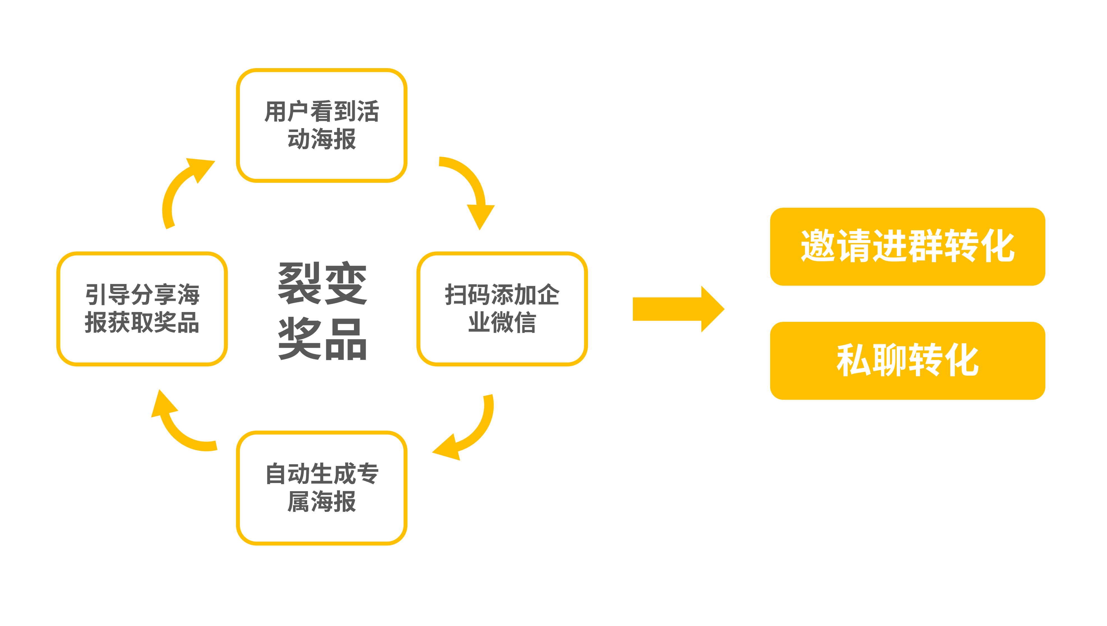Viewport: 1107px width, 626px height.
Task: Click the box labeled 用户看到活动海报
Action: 321,125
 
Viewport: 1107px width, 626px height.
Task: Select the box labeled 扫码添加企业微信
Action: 502,308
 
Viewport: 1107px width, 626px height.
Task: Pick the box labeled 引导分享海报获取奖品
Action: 142,308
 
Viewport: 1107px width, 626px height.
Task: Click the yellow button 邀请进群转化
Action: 907,246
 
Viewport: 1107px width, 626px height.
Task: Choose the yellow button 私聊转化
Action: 907,360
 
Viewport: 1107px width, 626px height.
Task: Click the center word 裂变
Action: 322,283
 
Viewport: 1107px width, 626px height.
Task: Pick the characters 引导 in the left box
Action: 107,295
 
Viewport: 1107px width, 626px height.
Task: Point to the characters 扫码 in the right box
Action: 467,295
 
